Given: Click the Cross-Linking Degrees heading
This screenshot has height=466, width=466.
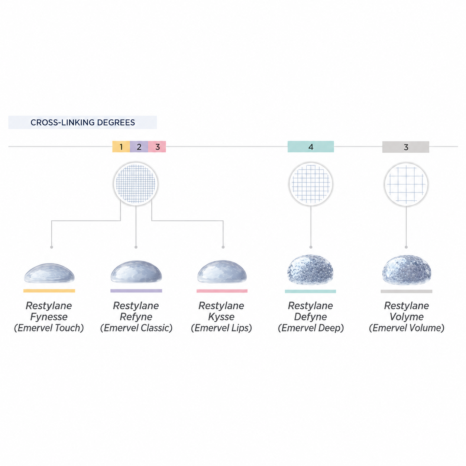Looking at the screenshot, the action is click(x=82, y=122).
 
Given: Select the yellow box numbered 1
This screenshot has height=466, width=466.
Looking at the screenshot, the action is click(x=121, y=146).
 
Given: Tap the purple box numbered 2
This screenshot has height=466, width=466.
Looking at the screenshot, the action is click(x=139, y=146).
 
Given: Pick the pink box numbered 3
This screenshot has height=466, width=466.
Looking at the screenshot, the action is click(x=157, y=146).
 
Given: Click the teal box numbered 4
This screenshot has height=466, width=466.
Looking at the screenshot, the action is click(x=311, y=146).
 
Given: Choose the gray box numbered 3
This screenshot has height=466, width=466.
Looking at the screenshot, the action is click(x=405, y=147).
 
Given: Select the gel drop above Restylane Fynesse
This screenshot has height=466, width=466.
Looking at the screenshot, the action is click(x=49, y=273).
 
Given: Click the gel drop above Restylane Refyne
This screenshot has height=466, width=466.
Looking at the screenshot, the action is click(x=136, y=272).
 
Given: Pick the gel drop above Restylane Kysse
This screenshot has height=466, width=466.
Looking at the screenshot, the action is click(x=222, y=272).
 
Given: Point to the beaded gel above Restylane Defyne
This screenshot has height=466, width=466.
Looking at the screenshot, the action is click(x=310, y=270).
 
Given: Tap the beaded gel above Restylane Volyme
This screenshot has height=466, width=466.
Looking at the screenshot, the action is click(x=407, y=270).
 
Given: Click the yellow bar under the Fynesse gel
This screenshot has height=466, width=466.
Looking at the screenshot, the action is click(x=49, y=291).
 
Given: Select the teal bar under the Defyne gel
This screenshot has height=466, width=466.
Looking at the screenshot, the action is click(x=310, y=291).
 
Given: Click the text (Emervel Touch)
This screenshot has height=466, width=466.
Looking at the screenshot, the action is click(x=49, y=328).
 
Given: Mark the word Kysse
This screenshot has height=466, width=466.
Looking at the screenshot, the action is click(x=221, y=317).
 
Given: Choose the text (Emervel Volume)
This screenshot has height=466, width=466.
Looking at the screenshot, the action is click(x=407, y=328).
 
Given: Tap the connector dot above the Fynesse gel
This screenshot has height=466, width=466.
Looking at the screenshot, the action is click(x=52, y=247).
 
